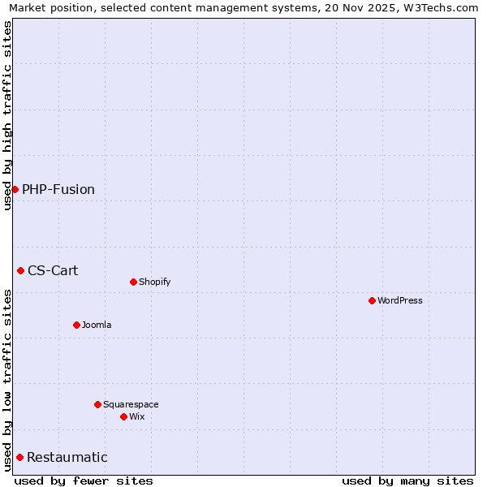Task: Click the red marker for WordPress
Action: [x=372, y=300]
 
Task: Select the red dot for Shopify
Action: [x=133, y=282]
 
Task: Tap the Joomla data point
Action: [x=76, y=325]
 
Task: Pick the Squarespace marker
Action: [x=97, y=404]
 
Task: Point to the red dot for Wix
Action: [x=123, y=416]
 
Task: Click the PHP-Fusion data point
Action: [x=15, y=189]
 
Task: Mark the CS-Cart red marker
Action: [x=20, y=270]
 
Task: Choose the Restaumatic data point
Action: [x=19, y=457]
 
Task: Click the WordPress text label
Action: [x=399, y=300]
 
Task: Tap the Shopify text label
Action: [x=154, y=282]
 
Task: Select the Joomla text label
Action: [x=97, y=325]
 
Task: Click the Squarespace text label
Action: [x=131, y=404]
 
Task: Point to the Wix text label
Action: [x=136, y=416]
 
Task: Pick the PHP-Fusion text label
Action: [x=58, y=189]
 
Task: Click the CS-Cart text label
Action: [x=53, y=270]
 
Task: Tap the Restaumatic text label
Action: [x=67, y=457]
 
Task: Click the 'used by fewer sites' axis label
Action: [x=84, y=481]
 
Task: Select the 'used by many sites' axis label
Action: [x=407, y=481]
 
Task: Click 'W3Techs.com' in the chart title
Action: [x=435, y=8]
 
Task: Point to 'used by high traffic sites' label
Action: [x=7, y=115]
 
